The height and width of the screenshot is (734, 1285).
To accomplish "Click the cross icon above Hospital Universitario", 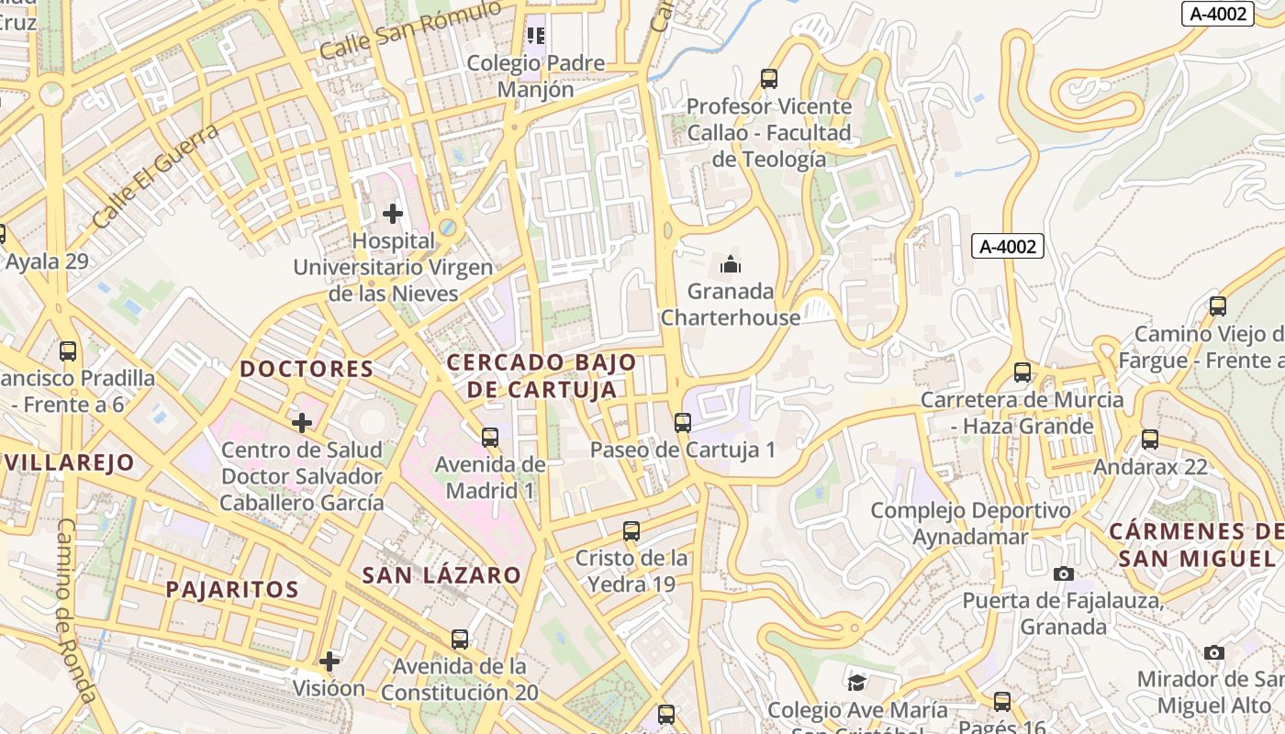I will [x=393, y=214].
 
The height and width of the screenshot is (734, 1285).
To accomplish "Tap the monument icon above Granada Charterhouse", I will [x=731, y=265].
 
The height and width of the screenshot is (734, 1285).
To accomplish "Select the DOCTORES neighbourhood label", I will [x=307, y=369].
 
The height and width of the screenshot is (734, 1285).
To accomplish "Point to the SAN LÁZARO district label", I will [x=441, y=575].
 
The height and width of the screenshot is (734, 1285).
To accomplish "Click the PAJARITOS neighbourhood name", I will [x=232, y=589].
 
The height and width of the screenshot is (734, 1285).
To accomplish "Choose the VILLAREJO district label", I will [x=69, y=462].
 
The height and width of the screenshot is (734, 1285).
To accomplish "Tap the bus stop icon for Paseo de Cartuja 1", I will [x=682, y=423].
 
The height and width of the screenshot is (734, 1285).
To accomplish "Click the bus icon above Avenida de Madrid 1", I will [x=490, y=437].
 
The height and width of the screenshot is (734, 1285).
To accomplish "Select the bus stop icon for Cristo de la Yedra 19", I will [x=631, y=530].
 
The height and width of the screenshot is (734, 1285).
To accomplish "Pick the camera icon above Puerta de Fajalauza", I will [x=1064, y=574].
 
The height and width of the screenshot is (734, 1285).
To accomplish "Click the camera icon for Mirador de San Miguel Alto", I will [x=1214, y=652].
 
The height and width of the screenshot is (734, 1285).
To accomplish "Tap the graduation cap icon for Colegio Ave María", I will [x=856, y=683].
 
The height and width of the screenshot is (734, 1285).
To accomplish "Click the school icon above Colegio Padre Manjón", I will [x=536, y=36].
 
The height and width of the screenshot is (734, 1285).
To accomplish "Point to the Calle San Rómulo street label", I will [x=410, y=30].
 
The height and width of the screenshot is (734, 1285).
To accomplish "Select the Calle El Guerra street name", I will [x=156, y=175].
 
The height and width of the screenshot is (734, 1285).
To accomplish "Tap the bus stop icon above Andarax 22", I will [x=1150, y=439].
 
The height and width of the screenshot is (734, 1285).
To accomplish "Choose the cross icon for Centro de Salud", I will [x=302, y=423].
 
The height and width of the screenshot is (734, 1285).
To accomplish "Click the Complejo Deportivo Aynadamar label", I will [x=970, y=523].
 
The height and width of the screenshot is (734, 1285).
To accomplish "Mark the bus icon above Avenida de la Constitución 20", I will [x=460, y=639].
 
